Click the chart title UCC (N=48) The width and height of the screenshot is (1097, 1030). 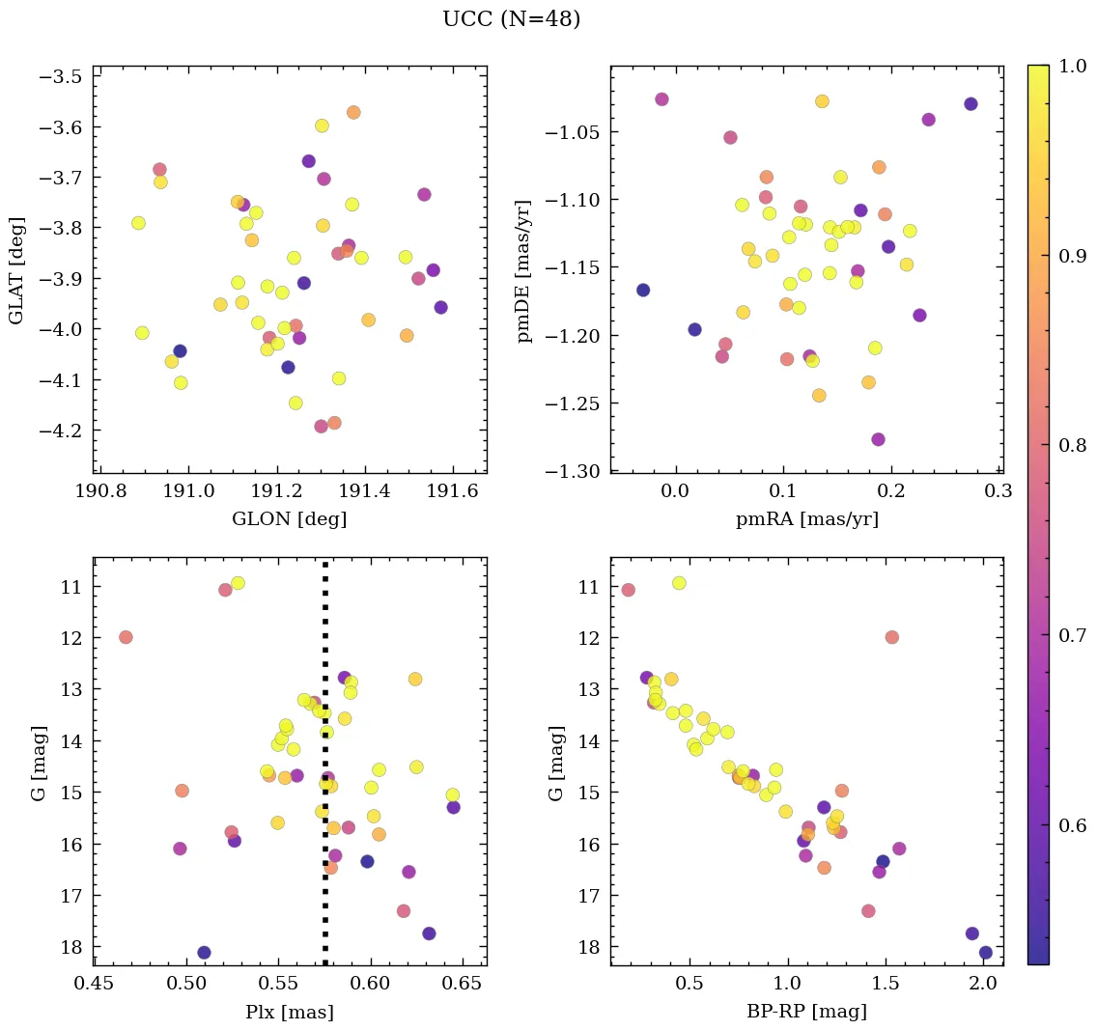[511, 19]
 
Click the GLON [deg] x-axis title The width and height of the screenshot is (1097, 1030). [289, 519]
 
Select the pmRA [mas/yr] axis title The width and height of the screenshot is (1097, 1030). [806, 519]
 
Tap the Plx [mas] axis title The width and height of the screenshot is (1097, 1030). [289, 1012]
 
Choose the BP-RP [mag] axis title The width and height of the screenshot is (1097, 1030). [806, 1012]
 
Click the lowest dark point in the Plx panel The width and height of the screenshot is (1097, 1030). [204, 953]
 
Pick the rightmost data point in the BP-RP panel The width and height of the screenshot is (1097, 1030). [985, 953]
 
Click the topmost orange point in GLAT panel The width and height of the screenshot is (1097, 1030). [353, 112]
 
